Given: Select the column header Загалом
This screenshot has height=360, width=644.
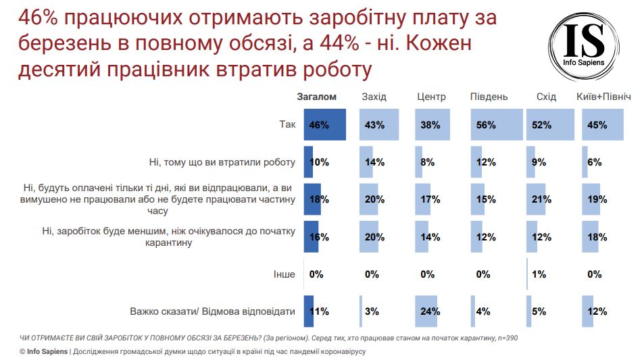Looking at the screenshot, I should [316, 97].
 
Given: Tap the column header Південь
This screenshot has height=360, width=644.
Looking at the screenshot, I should [489, 97].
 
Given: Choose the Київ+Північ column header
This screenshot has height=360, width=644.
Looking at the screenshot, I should [603, 97].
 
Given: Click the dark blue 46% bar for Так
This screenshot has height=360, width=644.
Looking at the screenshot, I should [325, 125].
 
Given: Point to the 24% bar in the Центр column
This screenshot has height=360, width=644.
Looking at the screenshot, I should [427, 311].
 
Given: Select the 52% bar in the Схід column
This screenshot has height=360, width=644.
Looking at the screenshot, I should [550, 125].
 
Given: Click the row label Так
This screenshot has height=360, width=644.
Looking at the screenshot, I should [287, 125].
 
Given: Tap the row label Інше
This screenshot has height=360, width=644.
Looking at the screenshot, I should [284, 274].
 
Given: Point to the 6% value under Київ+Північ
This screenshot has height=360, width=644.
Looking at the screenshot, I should [595, 162].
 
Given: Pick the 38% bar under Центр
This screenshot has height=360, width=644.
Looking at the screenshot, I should [427, 125].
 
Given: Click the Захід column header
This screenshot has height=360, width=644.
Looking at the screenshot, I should [374, 97].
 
